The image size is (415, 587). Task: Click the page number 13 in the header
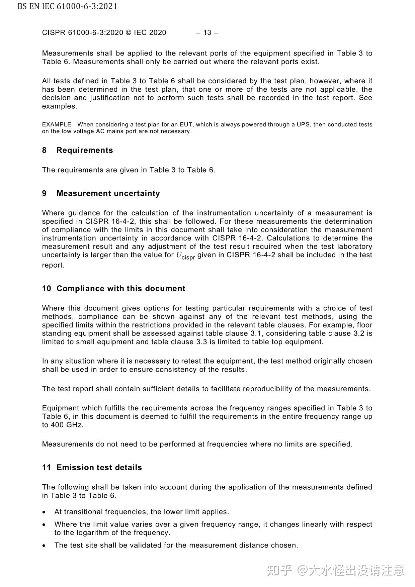(x=207, y=32)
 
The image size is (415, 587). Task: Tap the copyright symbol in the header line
(x=129, y=32)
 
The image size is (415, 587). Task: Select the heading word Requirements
(x=85, y=150)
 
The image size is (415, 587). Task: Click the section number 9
(x=44, y=193)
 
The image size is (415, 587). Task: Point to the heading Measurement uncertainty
(x=108, y=193)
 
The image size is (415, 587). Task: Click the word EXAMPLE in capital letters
(x=57, y=124)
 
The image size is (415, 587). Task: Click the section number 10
(x=47, y=289)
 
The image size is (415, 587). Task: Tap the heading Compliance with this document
(x=121, y=289)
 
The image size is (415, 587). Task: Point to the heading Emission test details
(x=99, y=468)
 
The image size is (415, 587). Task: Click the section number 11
(x=47, y=468)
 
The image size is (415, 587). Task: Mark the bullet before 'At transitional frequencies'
(x=44, y=512)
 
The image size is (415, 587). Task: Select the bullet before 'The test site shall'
(x=44, y=546)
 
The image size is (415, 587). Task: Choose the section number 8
(x=44, y=150)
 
